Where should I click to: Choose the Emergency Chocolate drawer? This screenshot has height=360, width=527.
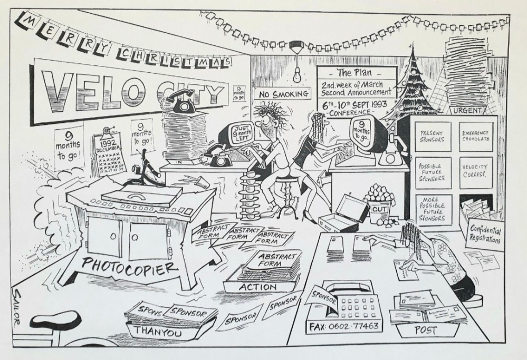click(475, 137)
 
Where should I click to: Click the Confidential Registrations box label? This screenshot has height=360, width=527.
click(483, 233)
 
